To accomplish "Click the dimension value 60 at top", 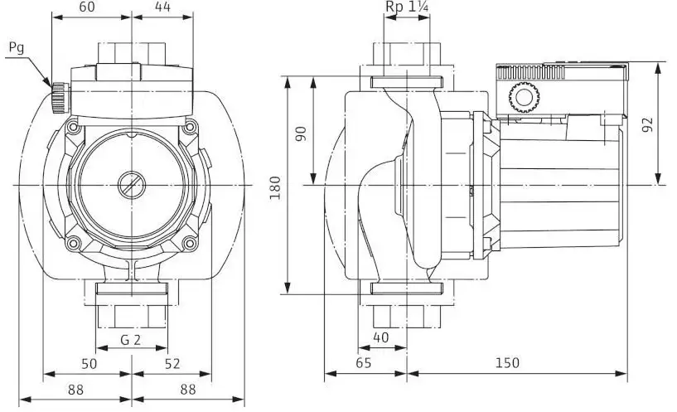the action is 87,7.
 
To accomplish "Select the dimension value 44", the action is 162,7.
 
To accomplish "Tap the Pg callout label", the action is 17,48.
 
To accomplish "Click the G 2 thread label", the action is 130,340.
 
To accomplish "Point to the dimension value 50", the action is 89,364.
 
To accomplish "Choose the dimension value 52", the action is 172,364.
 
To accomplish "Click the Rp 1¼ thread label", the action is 407,7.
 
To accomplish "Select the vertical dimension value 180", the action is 275,188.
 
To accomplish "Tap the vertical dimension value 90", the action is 301,133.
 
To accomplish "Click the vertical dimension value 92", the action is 648,125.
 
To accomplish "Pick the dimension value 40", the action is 381,337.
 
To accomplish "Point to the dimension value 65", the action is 364,363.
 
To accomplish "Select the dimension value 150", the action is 507,363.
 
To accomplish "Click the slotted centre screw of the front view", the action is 131,185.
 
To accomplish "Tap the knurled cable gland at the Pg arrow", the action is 59,97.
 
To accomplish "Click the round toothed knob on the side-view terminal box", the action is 525,98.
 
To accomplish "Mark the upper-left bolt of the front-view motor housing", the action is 74,128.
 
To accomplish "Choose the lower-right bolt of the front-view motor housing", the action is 189,243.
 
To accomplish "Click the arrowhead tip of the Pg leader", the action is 51,86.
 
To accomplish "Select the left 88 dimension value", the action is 75,390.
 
